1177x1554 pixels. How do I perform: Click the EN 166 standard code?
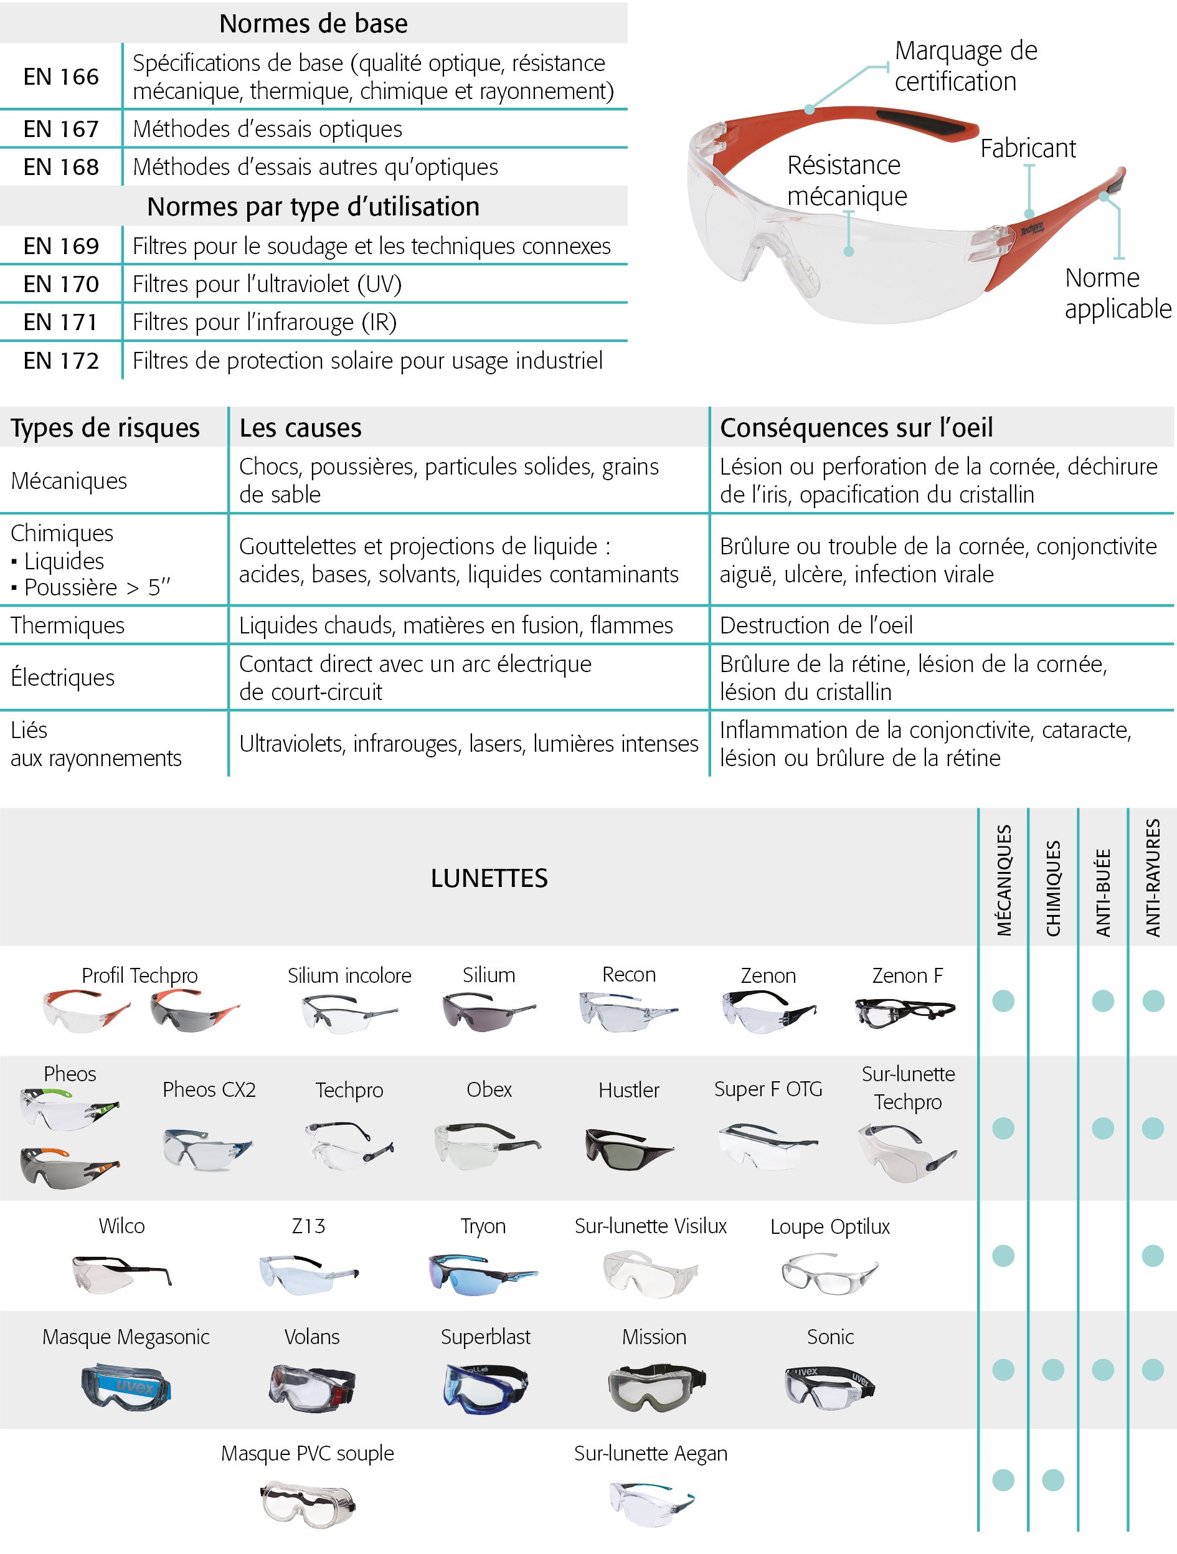[61, 77]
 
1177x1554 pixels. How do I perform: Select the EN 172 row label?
[61, 361]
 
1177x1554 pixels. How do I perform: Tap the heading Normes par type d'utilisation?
[313, 207]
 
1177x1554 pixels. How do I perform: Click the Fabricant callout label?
[1028, 148]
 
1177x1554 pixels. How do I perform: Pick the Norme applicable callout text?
[1117, 293]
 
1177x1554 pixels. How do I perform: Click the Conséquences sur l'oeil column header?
[856, 427]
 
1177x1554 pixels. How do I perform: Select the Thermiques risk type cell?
[67, 625]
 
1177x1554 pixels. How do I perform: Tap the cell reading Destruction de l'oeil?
[816, 625]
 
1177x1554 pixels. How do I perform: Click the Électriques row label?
[62, 677]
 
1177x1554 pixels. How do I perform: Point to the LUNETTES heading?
[489, 878]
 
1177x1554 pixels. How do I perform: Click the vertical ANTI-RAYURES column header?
[1153, 878]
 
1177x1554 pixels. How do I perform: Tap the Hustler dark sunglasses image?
[628, 1148]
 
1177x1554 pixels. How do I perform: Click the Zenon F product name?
[907, 975]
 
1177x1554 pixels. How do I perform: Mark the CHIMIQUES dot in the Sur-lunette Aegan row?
[1052, 1481]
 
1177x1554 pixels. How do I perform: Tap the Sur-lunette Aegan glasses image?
[650, 1504]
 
